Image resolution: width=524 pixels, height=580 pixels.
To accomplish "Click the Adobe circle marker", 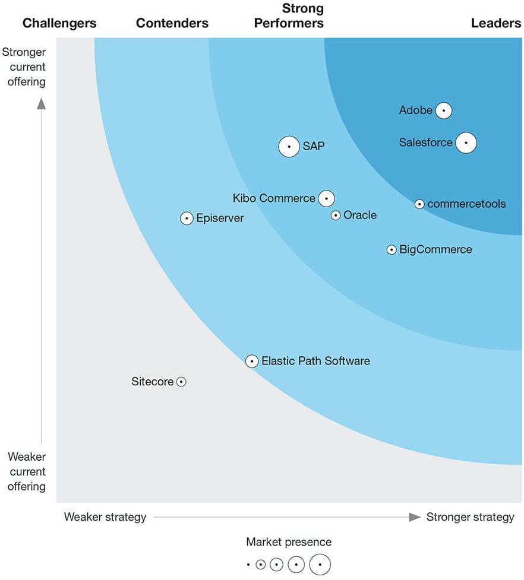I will pyautogui.click(x=444, y=110).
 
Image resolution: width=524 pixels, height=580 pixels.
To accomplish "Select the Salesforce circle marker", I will pyautogui.click(x=466, y=142).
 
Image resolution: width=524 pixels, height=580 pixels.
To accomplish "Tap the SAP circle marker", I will pyautogui.click(x=289, y=147).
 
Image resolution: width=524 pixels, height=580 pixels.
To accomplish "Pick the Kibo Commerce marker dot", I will pyautogui.click(x=326, y=198).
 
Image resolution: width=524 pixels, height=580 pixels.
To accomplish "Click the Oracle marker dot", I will pyautogui.click(x=336, y=215).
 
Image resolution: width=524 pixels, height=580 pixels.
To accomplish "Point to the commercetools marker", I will pyautogui.click(x=419, y=204).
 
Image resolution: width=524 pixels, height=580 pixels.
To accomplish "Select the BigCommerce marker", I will pyautogui.click(x=392, y=250).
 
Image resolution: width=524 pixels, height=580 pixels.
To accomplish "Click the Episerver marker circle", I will pyautogui.click(x=187, y=218).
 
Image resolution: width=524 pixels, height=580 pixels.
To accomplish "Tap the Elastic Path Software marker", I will pyautogui.click(x=252, y=361).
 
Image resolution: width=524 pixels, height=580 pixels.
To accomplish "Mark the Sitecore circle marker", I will pyautogui.click(x=181, y=382).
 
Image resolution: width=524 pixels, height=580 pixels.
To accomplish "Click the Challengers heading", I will pyautogui.click(x=59, y=23).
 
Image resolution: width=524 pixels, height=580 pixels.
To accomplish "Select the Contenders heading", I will pyautogui.click(x=172, y=23).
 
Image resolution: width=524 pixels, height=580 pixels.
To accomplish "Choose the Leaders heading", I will pyautogui.click(x=496, y=23).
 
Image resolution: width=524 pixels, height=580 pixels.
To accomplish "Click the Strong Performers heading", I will pyautogui.click(x=289, y=16).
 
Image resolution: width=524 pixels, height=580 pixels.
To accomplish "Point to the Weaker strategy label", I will pyautogui.click(x=105, y=517).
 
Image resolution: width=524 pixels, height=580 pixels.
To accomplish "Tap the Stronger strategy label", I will pyautogui.click(x=471, y=517).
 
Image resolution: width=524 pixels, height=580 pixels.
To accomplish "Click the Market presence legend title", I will pyautogui.click(x=289, y=542).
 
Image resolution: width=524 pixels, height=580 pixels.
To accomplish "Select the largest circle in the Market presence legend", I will pyautogui.click(x=320, y=565).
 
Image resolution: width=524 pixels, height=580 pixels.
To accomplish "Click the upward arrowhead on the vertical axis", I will pyautogui.click(x=41, y=104).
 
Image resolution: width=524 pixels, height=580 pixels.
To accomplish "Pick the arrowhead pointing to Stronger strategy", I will pyautogui.click(x=415, y=517).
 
